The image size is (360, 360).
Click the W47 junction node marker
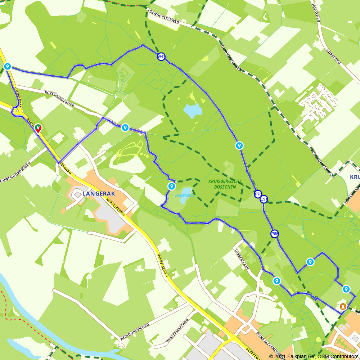(x=161, y=57)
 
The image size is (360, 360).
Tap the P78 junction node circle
(x=258, y=194)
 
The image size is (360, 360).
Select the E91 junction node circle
(x=264, y=199)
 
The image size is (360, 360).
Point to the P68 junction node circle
(x=275, y=234)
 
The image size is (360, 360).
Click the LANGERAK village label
(x=99, y=194)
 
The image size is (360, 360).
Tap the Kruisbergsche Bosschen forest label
(x=225, y=184)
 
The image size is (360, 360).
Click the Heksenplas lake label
(x=184, y=195)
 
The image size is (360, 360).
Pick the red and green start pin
(x=38, y=129)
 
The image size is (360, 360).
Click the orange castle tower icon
(x=343, y=306)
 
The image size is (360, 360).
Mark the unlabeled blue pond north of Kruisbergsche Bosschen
(x=192, y=111)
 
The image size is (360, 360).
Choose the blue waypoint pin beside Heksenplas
(x=171, y=186)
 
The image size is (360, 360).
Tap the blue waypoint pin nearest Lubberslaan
(x=276, y=281)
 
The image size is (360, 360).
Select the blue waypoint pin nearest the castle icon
(x=346, y=289)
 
